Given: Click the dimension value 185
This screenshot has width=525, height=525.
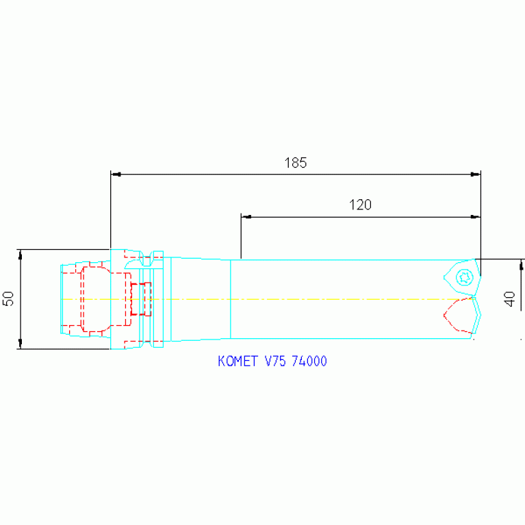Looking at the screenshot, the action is point(295,163).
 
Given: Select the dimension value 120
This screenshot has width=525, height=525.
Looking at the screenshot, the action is point(360,205).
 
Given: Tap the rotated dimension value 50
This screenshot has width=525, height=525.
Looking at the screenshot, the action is point(8,298).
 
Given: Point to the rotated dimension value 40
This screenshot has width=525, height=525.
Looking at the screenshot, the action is point(509,298).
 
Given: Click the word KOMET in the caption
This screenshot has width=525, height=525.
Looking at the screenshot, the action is point(238,361).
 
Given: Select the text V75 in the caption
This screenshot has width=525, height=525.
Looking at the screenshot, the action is point(276,361).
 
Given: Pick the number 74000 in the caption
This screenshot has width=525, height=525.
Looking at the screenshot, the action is point(309,361).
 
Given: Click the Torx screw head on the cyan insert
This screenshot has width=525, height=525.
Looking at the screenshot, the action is point(464,277).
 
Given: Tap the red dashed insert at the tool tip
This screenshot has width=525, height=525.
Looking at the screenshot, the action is point(458,315).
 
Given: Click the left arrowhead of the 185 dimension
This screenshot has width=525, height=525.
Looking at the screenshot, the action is point(116,175).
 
